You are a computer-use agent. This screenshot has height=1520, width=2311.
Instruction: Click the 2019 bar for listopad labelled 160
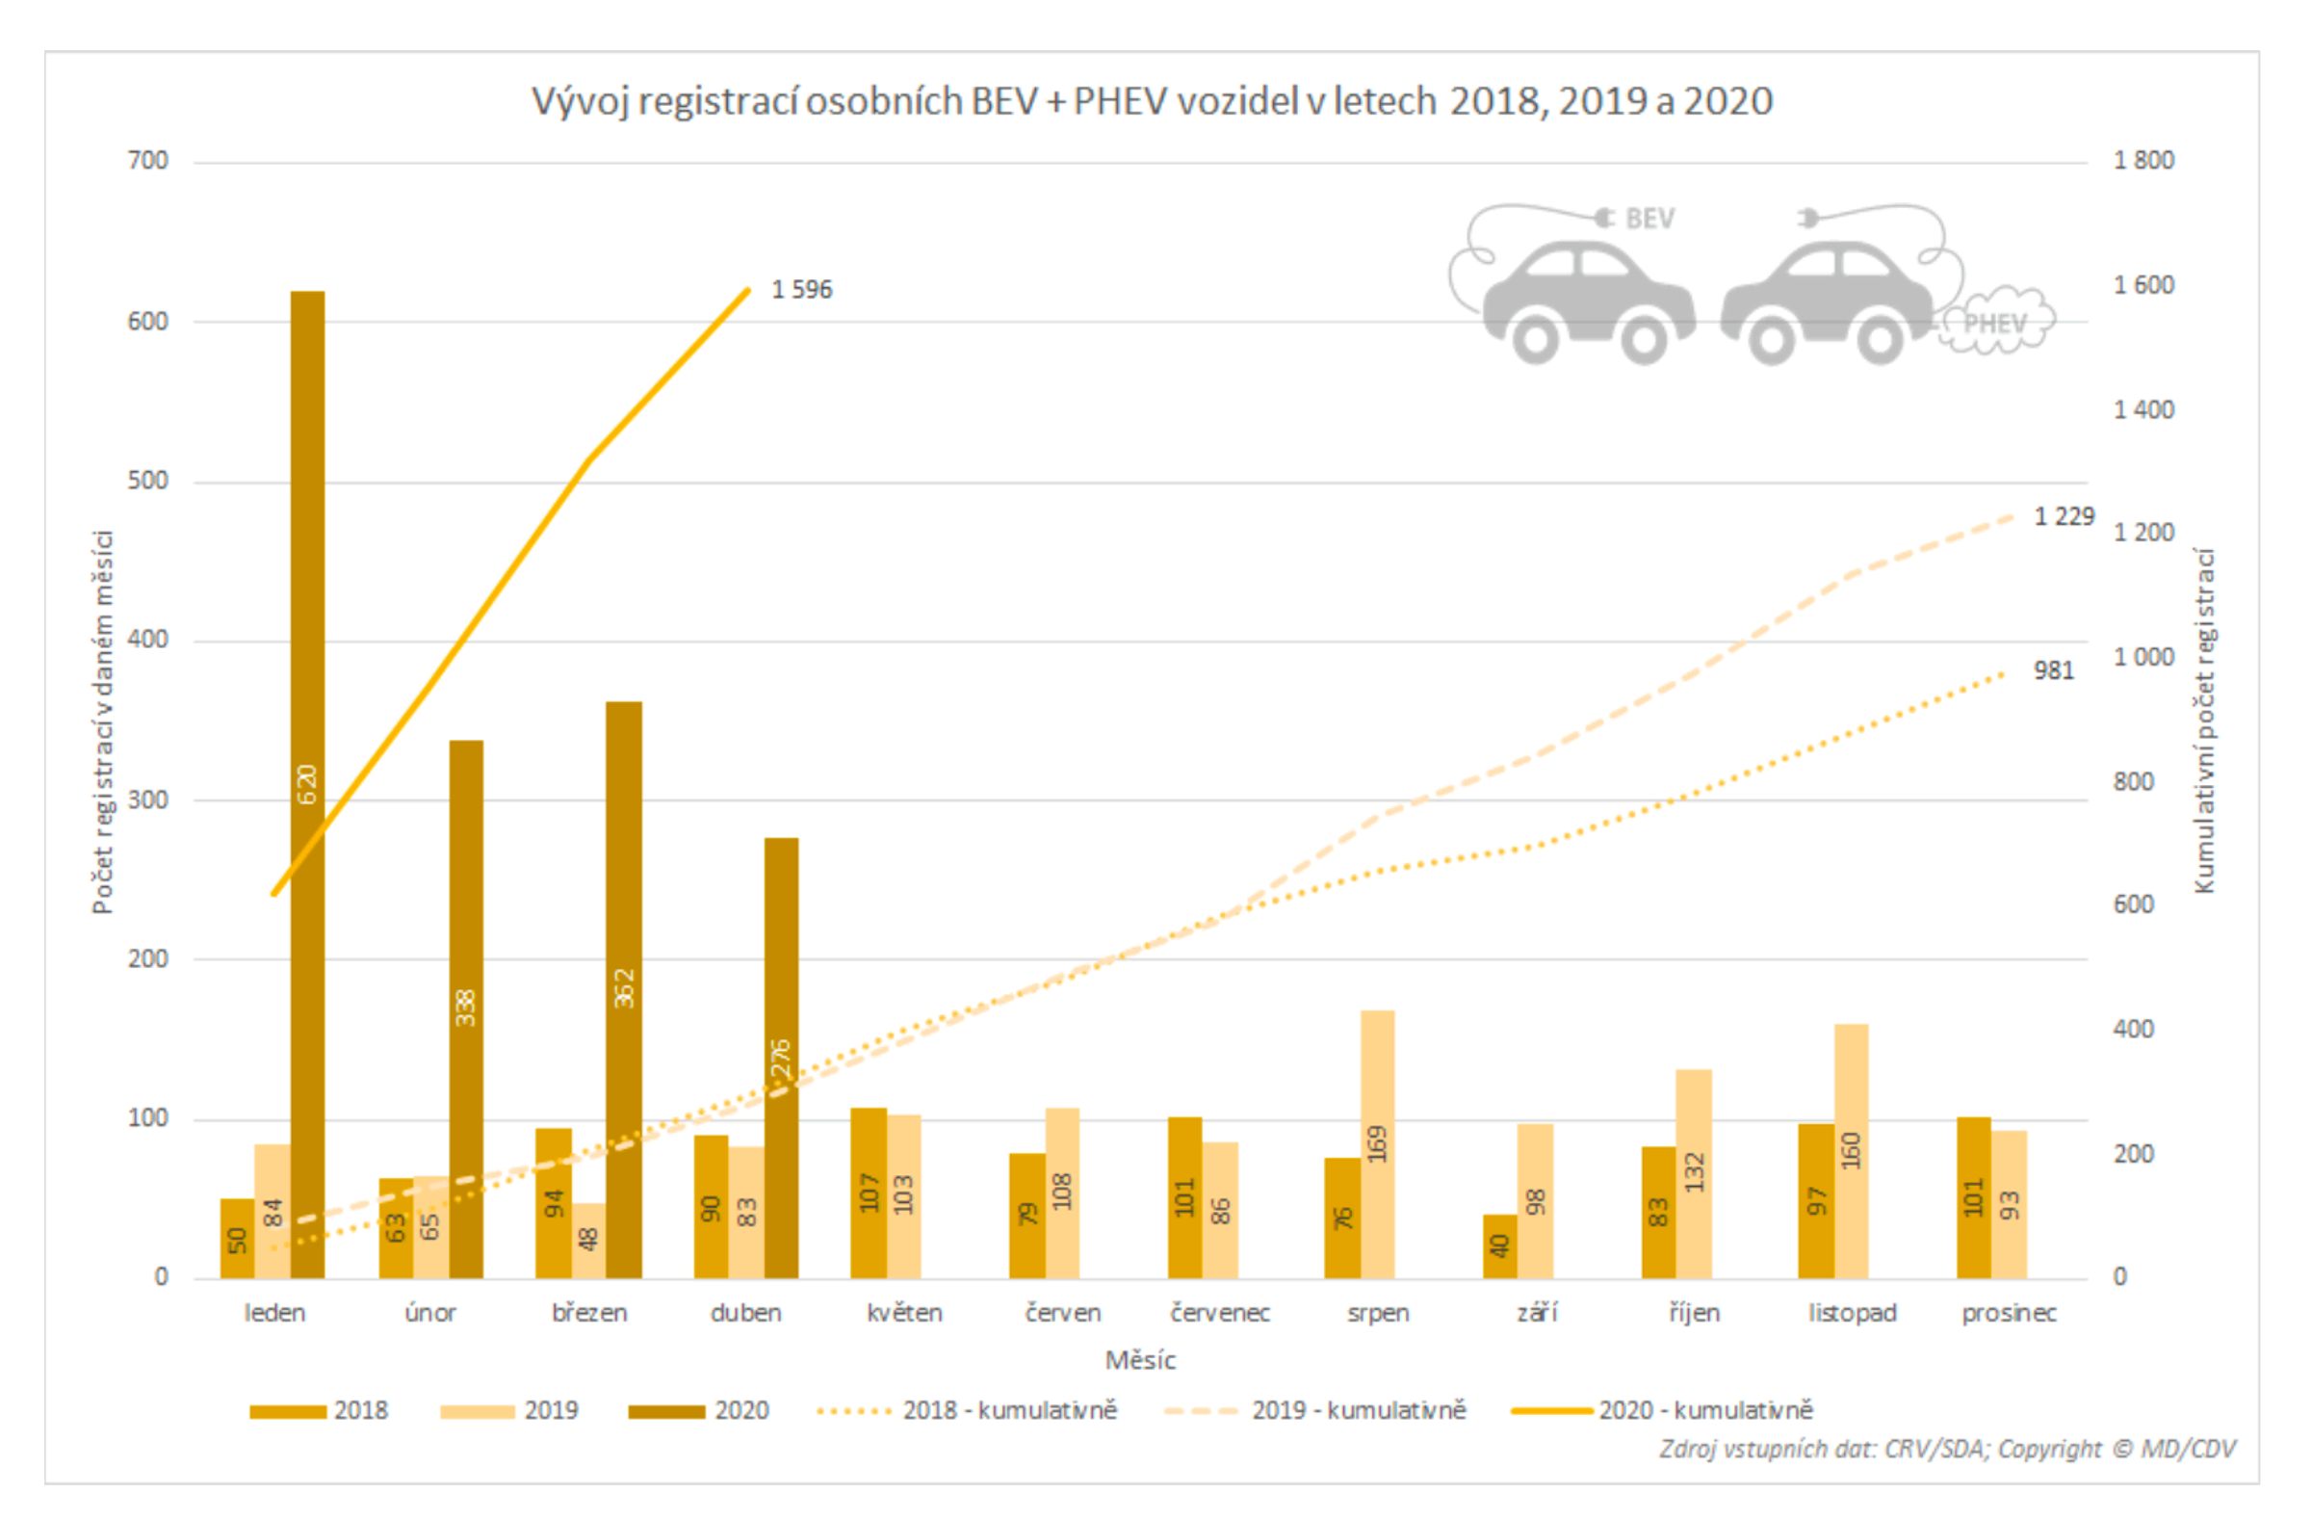(x=1851, y=1151)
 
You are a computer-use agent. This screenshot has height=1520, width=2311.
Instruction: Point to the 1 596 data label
(x=801, y=289)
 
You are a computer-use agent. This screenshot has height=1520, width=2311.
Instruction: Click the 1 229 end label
(x=2064, y=516)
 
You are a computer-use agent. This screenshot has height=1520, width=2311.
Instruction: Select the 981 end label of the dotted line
(x=2053, y=670)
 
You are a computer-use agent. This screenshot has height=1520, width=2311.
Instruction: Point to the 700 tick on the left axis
(x=147, y=160)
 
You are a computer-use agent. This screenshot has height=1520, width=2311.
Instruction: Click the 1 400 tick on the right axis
(x=2143, y=410)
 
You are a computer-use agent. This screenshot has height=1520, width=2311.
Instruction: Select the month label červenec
(x=1220, y=1313)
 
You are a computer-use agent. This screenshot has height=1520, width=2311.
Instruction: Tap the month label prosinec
(x=2008, y=1313)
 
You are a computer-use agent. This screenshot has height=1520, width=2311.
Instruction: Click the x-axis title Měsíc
(x=1140, y=1360)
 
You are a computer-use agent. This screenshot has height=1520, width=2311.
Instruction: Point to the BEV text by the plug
(x=1649, y=219)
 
